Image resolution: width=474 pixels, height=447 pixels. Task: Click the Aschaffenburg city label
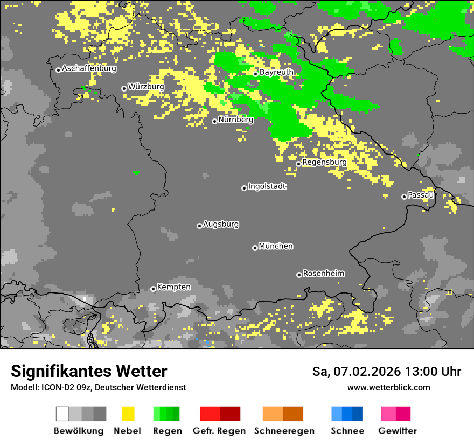point(89,69)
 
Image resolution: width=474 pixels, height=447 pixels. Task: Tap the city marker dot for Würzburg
point(124,88)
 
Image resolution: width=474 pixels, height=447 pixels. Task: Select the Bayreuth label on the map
point(276,72)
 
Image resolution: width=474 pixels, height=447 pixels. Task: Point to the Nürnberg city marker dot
point(214,121)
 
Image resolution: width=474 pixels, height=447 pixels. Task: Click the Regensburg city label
point(324,162)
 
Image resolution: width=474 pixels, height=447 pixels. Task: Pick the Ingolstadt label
point(267,187)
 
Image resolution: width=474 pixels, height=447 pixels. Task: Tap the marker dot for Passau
point(404,197)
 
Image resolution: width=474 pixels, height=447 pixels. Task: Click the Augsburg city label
point(221,224)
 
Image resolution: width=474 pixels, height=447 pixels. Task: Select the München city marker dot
point(255,248)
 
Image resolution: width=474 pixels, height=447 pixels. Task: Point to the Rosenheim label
point(323,274)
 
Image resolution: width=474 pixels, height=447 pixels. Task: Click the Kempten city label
point(173,287)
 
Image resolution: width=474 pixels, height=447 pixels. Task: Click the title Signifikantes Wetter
point(89,372)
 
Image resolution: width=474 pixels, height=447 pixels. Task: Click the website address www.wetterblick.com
point(388,387)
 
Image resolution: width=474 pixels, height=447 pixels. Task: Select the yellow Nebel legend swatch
point(128,414)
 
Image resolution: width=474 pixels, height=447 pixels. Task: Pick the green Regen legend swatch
point(166,414)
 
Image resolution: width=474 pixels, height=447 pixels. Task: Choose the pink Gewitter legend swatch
point(395,414)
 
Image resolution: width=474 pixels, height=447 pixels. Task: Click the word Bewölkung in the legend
point(79,431)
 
